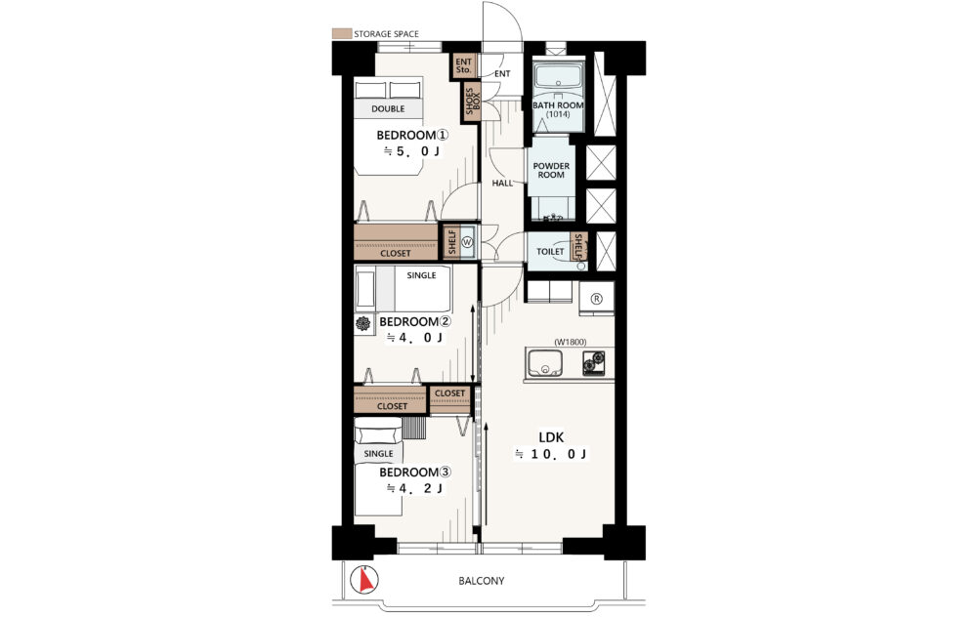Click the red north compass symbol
pyautogui.click(x=364, y=580)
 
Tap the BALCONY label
pyautogui.click(x=482, y=581)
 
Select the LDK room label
pyautogui.click(x=551, y=437)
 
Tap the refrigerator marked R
pyautogui.click(x=596, y=299)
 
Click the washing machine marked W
pyautogui.click(x=468, y=242)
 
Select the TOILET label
pyautogui.click(x=550, y=252)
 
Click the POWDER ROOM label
pyautogui.click(x=551, y=170)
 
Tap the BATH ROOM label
pyautogui.click(x=558, y=105)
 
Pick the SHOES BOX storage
pyautogui.click(x=473, y=102)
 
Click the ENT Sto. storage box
pyautogui.click(x=463, y=66)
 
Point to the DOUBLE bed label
pyautogui.click(x=388, y=108)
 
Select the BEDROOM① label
pyautogui.click(x=412, y=135)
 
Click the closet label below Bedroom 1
pyautogui.click(x=396, y=253)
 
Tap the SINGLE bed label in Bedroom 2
pyautogui.click(x=421, y=275)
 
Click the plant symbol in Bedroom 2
pyautogui.click(x=362, y=323)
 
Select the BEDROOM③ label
pyautogui.click(x=415, y=473)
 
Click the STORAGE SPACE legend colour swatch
pyautogui.click(x=341, y=33)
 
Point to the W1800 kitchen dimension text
pyautogui.click(x=571, y=342)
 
